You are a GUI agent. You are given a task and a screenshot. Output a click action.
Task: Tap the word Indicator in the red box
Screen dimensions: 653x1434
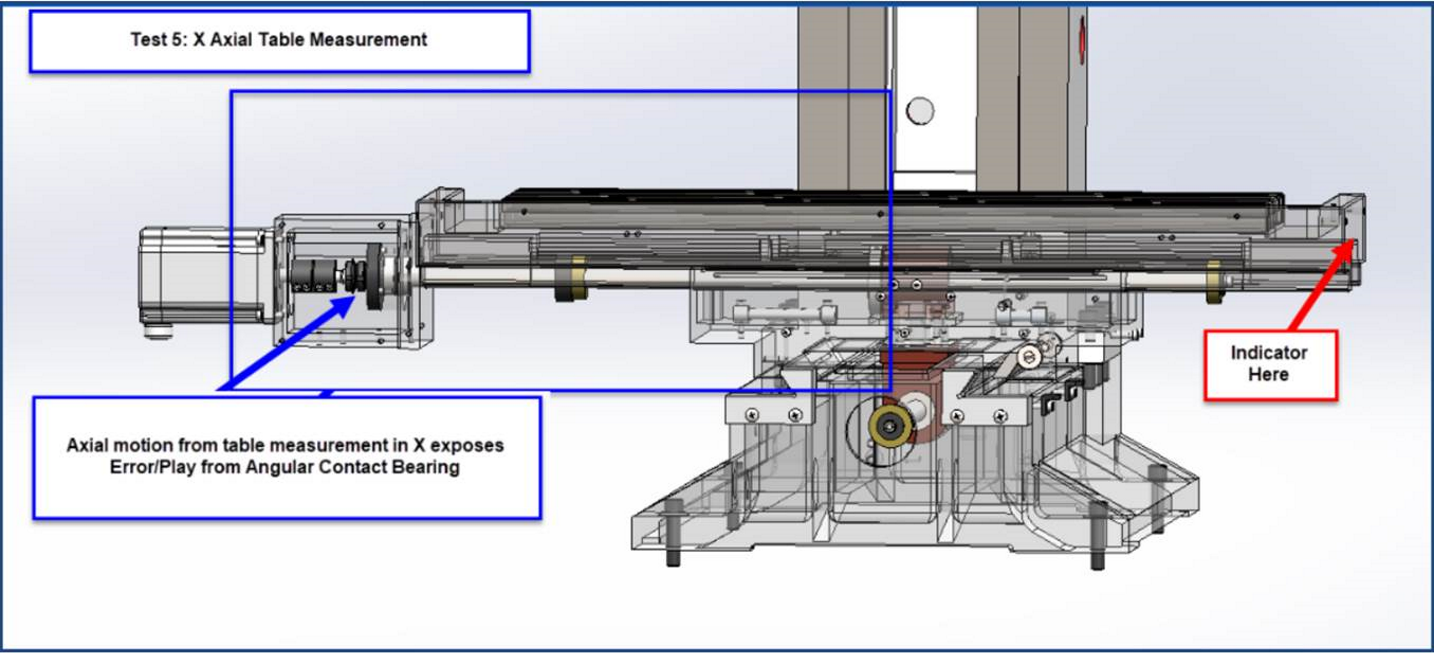tap(1269, 353)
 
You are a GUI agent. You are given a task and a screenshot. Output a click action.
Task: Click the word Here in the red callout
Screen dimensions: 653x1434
tap(1268, 374)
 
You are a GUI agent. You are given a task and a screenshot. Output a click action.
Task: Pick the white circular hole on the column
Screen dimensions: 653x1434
tap(920, 111)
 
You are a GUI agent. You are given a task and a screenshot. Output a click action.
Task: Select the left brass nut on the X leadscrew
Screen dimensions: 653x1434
tap(572, 279)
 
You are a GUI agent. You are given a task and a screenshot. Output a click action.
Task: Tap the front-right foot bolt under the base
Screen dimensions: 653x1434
tap(1097, 536)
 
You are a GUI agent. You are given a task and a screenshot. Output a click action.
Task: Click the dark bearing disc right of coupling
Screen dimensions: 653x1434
tap(373, 277)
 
